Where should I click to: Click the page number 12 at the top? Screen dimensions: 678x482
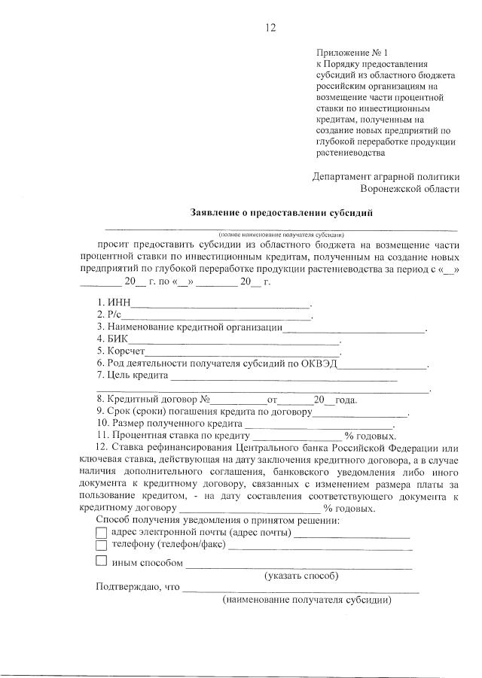[271, 28]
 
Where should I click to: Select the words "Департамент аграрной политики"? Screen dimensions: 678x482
[385, 177]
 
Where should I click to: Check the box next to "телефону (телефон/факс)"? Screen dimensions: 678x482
[102, 546]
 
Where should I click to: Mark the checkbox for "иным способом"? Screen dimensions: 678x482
[102, 561]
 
